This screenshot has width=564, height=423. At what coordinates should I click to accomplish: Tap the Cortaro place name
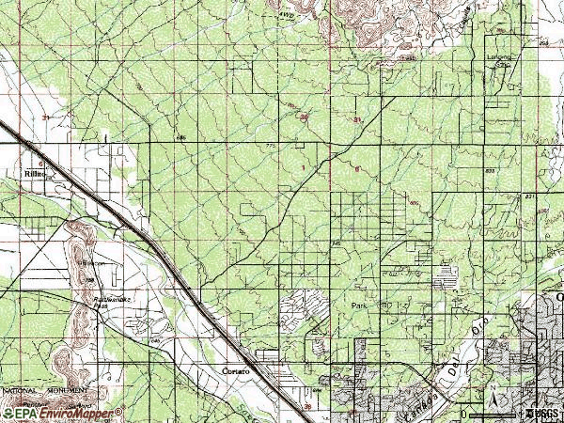(235, 371)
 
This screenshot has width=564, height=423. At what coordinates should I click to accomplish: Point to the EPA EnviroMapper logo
(62, 413)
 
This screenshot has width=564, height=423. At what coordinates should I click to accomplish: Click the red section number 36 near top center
(304, 117)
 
